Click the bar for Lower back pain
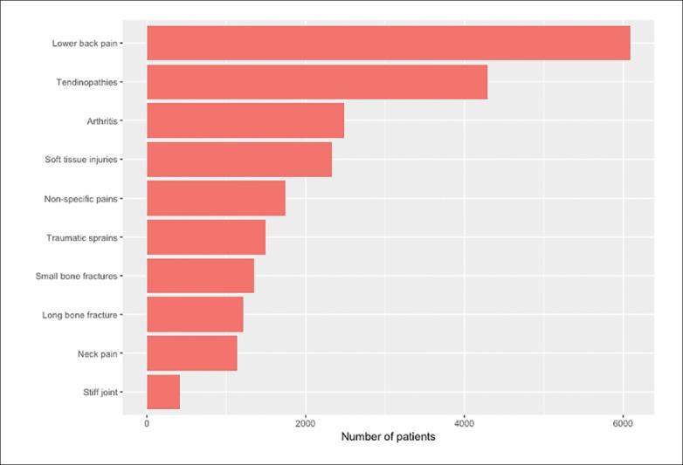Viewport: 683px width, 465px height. (x=388, y=43)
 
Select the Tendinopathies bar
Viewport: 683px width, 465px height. (x=316, y=82)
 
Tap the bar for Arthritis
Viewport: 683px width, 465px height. (x=245, y=120)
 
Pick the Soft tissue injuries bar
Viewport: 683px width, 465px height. (x=238, y=160)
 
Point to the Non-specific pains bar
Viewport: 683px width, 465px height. (x=216, y=198)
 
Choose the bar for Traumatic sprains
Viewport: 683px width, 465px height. (x=205, y=237)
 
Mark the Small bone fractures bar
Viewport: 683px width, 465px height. (x=200, y=276)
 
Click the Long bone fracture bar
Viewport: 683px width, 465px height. (x=195, y=314)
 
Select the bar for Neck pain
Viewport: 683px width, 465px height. (x=191, y=353)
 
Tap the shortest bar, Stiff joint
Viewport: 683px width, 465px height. (x=163, y=392)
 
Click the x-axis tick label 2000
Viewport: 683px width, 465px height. (x=305, y=423)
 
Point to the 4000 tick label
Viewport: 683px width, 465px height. (x=464, y=423)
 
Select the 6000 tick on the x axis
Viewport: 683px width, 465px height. (x=623, y=423)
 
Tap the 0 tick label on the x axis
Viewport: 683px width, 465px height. (x=147, y=423)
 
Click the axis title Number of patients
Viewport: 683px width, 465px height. (x=388, y=437)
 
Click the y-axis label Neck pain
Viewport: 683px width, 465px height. (x=97, y=353)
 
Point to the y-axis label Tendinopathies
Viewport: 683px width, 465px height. (x=88, y=82)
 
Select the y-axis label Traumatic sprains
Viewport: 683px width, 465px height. (x=83, y=237)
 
